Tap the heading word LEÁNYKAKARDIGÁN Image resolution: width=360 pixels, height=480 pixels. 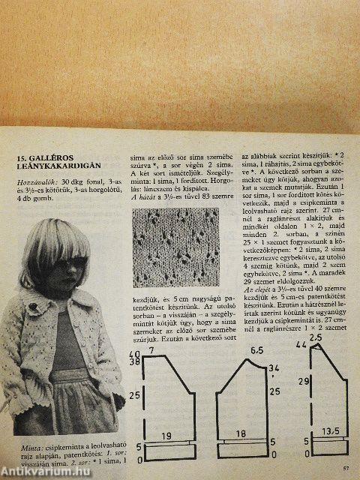pyautogui.click(x=65, y=169)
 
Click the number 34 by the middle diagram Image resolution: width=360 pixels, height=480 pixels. pyautogui.click(x=274, y=367)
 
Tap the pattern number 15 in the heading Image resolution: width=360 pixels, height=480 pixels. pyautogui.click(x=22, y=159)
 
